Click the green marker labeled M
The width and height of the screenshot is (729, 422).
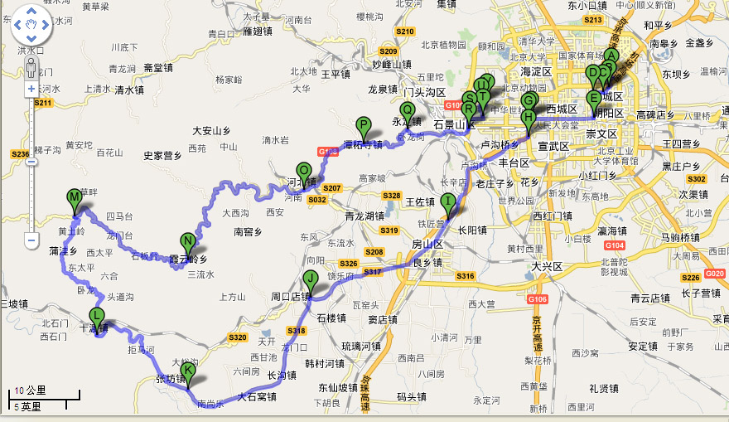(75, 197)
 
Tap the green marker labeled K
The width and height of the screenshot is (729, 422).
(188, 371)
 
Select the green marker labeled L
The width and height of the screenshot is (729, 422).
(97, 316)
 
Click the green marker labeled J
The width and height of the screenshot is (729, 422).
(310, 279)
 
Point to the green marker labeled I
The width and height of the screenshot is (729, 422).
(448, 201)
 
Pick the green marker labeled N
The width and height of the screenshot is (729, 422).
(188, 243)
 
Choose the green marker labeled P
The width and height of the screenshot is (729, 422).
(363, 125)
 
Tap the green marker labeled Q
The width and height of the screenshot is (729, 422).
(407, 110)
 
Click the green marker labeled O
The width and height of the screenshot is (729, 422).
(304, 172)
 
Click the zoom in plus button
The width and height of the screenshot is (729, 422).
(31, 88)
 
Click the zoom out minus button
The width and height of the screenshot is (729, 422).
(31, 241)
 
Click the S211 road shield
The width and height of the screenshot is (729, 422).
(43, 103)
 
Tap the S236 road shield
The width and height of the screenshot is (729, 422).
(20, 154)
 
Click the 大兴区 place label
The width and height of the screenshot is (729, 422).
(547, 267)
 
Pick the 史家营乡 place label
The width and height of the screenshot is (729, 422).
(162, 155)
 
